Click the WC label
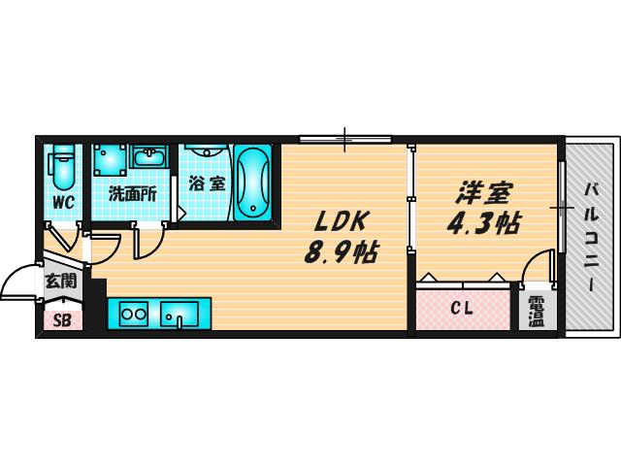coord(63,203)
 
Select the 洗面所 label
coord(132,194)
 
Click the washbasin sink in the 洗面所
coord(148,156)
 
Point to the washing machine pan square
coord(110,159)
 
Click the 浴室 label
coord(207,183)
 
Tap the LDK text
coord(340,222)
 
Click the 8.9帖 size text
coord(341,252)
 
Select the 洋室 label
coord(485,193)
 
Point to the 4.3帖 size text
coord(483,223)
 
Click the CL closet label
coord(463,309)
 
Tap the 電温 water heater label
coord(537,312)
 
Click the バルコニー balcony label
coord(592,237)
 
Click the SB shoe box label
coord(62,320)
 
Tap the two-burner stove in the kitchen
coord(134,315)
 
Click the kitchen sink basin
coord(179,315)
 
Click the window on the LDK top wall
coord(345,139)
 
